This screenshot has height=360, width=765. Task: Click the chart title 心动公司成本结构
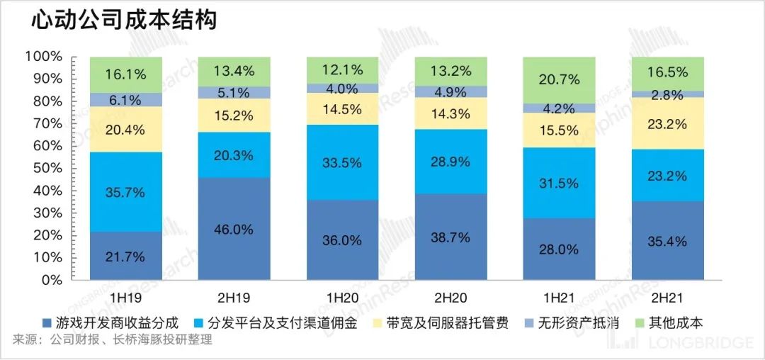(123, 21)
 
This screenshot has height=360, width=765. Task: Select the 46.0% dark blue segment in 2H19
(234, 229)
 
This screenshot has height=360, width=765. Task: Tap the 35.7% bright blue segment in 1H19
(126, 192)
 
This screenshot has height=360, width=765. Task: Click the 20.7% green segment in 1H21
(558, 79)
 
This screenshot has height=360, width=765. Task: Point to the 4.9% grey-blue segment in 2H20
(450, 91)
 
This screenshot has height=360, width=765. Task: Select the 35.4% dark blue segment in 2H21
(667, 241)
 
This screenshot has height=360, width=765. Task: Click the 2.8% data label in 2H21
(667, 95)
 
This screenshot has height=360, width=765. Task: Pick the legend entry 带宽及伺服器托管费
(447, 323)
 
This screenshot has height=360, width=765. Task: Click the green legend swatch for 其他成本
(640, 323)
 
